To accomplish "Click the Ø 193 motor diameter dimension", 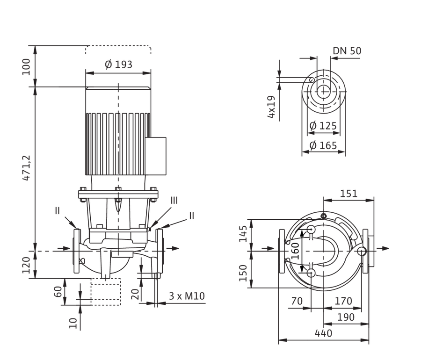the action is pos(118,65).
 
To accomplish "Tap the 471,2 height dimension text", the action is pos(27,168).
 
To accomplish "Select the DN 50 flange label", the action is pos(347,50).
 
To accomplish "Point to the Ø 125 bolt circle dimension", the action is pos(323,126).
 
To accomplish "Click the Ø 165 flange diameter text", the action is pos(323,145).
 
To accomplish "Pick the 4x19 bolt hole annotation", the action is pos(271,107).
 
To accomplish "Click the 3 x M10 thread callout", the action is pos(187,296).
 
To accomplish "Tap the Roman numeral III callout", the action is pos(174,201).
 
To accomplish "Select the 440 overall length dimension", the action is pos(324,333).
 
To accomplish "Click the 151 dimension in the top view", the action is pos(349,194).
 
